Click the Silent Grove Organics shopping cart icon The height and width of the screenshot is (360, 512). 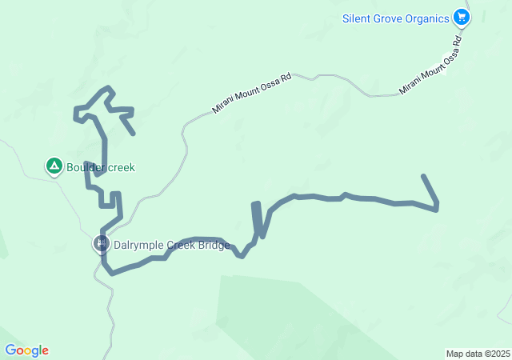(x=461, y=17)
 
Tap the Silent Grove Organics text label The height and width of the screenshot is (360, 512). (x=395, y=18)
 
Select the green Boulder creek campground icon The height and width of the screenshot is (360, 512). (x=54, y=166)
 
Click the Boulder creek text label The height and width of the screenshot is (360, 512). (x=101, y=168)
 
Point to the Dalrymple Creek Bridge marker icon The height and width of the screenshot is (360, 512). (x=101, y=243)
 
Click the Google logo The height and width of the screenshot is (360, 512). (x=26, y=350)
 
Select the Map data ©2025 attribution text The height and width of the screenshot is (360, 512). (x=478, y=354)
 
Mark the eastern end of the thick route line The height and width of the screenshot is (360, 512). (x=423, y=176)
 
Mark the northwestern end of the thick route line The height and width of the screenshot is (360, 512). (x=133, y=133)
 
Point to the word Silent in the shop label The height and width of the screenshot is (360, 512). (x=356, y=18)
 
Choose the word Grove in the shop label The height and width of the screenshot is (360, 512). (x=386, y=18)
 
